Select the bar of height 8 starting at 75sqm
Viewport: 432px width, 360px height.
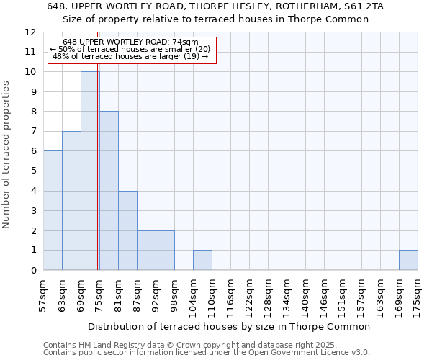(109, 191)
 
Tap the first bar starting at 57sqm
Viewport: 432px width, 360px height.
(53, 210)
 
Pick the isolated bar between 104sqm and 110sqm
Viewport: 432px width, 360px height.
(202, 260)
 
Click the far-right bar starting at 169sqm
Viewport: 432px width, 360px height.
(408, 260)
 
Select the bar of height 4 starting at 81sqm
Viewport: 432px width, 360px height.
(127, 230)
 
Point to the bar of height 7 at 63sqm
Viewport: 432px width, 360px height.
(71, 200)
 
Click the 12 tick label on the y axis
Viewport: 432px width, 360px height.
(30, 32)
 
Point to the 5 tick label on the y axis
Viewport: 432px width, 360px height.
(33, 171)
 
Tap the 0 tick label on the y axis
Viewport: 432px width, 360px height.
(33, 271)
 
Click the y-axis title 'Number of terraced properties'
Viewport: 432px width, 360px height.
(6, 154)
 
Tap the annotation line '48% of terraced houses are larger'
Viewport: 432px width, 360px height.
(130, 56)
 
